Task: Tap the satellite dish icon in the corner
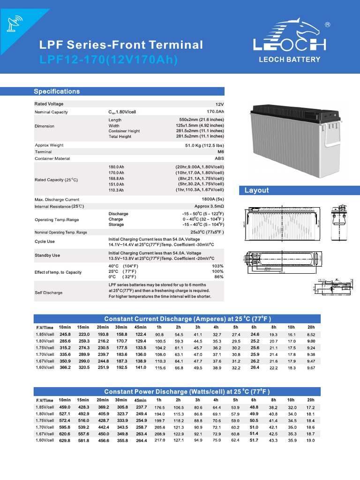tap(14, 23)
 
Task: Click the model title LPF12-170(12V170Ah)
tap(109, 60)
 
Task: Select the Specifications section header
tap(57, 91)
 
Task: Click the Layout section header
tap(256, 190)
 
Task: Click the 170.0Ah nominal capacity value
tap(215, 112)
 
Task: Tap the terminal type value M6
tap(220, 152)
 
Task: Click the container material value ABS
tap(219, 159)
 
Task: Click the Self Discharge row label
tap(48, 292)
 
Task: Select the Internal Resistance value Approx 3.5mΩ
tap(209, 206)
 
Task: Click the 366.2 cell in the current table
tap(65, 368)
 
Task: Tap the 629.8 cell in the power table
tap(65, 441)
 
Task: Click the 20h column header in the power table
tap(310, 400)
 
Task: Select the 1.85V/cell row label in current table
tap(45, 335)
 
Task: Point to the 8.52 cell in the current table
tap(310, 335)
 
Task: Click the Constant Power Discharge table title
tap(187, 391)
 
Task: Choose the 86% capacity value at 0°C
tap(218, 277)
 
